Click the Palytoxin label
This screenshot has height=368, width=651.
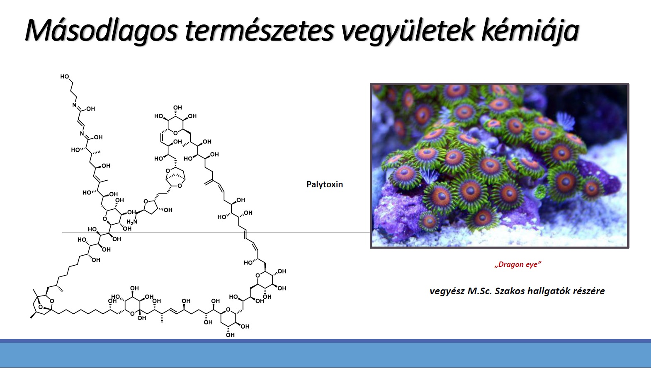[325, 184]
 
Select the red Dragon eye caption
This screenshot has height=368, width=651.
[517, 264]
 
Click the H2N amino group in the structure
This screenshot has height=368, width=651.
[132, 222]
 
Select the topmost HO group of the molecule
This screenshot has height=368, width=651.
[65, 76]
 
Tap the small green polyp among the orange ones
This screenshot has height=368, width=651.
[541, 191]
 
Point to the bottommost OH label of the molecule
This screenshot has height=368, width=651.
[230, 335]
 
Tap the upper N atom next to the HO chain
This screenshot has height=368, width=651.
[74, 105]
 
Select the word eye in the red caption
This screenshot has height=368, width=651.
[533, 264]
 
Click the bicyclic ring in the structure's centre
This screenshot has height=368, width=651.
[175, 177]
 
